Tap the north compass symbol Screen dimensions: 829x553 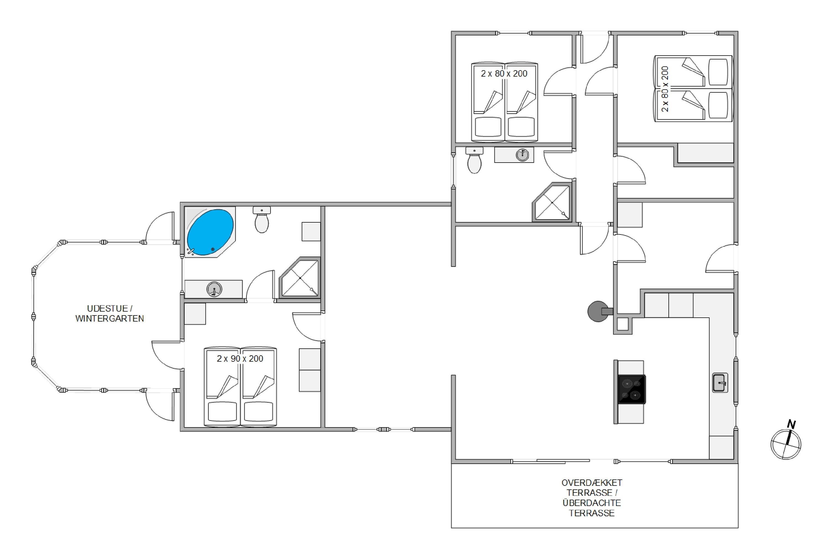(x=786, y=444)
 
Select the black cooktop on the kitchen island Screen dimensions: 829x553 (x=632, y=389)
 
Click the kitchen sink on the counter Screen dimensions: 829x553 (x=720, y=383)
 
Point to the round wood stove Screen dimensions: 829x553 (x=598, y=311)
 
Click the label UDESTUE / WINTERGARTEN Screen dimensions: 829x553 (x=110, y=314)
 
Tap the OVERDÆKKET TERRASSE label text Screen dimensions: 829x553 (x=592, y=488)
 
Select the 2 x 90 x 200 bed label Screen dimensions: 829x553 (x=240, y=359)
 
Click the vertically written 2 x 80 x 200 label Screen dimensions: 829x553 (x=665, y=89)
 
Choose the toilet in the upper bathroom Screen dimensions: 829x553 (x=474, y=160)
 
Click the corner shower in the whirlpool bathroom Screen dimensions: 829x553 (x=300, y=277)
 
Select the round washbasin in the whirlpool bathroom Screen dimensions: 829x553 (x=214, y=289)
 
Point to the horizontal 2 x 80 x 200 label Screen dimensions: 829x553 (x=504, y=74)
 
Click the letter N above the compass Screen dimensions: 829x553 (x=792, y=424)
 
